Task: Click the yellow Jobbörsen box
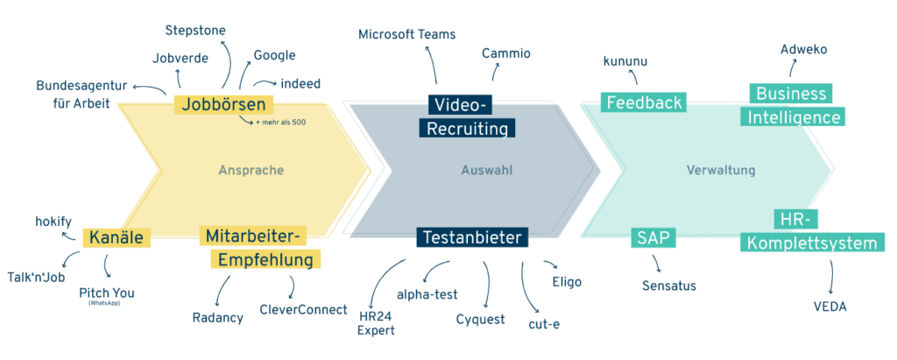(x=223, y=105)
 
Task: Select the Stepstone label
(x=195, y=31)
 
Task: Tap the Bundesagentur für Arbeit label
(x=81, y=95)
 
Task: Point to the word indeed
(x=300, y=83)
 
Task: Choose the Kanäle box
(x=117, y=237)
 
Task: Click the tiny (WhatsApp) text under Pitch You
(x=105, y=303)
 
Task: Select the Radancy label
(x=218, y=318)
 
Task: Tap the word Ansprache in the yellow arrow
(x=251, y=170)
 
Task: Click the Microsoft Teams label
(x=406, y=34)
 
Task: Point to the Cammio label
(x=506, y=53)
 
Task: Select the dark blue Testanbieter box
(x=472, y=237)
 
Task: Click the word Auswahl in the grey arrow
(x=487, y=170)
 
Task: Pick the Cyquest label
(x=481, y=320)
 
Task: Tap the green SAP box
(x=653, y=237)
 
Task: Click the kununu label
(x=625, y=61)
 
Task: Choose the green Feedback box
(x=644, y=102)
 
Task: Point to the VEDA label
(x=830, y=307)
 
